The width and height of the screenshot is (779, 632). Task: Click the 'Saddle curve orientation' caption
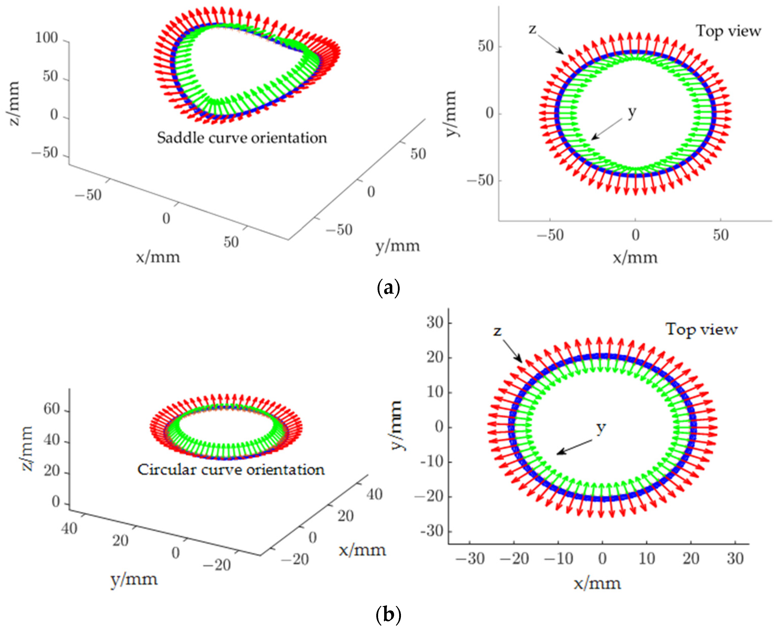coord(242,138)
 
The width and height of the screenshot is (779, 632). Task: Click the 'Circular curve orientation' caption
coord(231,470)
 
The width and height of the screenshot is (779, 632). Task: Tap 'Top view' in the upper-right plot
coord(728,31)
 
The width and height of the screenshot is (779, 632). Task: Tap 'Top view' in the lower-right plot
coord(702,329)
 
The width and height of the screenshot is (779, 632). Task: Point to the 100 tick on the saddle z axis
coord(46,38)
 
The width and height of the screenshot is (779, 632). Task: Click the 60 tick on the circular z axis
coord(52,409)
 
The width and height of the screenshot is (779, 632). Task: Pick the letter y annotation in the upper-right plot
coord(632,112)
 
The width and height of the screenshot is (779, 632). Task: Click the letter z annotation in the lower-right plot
coord(497,331)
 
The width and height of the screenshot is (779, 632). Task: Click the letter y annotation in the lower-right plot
coord(601,428)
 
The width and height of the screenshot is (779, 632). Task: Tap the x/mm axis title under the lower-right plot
coord(597,583)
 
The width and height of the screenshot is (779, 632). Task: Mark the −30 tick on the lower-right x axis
coord(470,559)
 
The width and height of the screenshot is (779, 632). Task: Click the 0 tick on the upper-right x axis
coord(635,235)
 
